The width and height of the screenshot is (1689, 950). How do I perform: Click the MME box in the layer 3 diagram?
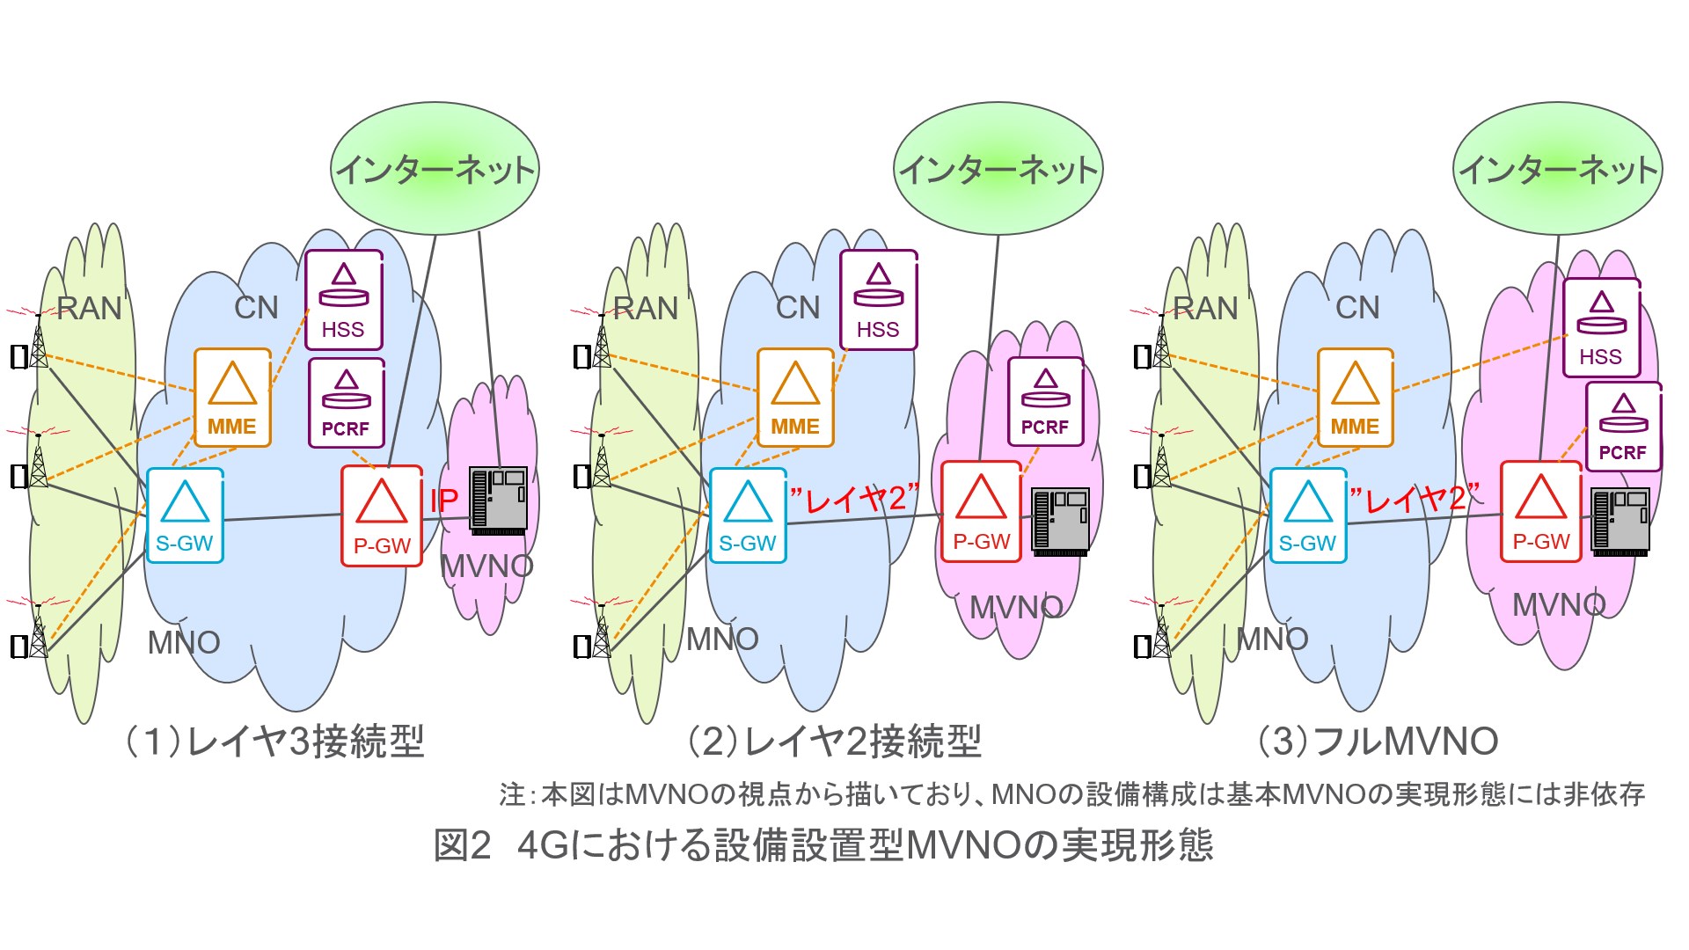click(x=232, y=398)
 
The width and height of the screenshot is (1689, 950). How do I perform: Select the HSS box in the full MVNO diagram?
click(x=1601, y=327)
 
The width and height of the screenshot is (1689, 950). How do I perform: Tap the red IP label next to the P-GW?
click(x=443, y=501)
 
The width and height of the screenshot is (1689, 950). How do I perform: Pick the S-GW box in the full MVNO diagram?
click(x=1307, y=515)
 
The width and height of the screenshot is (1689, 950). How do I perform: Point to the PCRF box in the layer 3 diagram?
click(x=346, y=403)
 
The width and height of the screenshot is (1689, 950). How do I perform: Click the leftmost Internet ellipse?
click(x=435, y=169)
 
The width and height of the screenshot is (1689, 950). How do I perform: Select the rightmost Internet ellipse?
click(x=1557, y=169)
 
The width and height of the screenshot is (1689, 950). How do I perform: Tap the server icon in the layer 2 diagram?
click(x=1061, y=521)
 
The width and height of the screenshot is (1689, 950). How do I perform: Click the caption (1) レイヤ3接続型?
click(x=274, y=742)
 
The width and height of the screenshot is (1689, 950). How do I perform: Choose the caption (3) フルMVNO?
click(x=1378, y=742)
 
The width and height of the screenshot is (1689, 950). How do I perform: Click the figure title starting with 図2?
click(x=823, y=845)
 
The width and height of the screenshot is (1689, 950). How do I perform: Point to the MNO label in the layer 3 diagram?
click(x=184, y=642)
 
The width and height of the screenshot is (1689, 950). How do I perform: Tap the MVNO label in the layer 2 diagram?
click(x=1016, y=607)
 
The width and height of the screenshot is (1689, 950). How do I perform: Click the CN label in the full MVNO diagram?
click(x=1357, y=308)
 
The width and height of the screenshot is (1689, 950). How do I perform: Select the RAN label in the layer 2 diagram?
click(x=646, y=308)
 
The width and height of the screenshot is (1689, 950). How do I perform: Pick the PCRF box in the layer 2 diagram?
click(x=1045, y=402)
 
